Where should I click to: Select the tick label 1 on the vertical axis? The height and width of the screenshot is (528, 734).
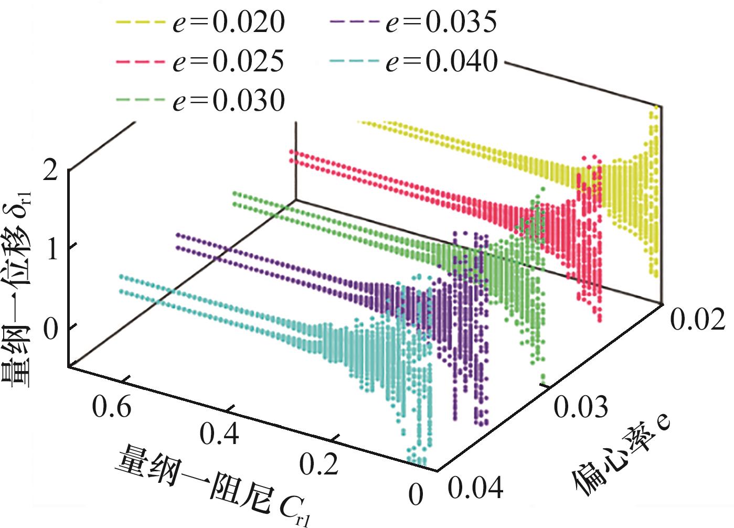pyautogui.click(x=52, y=251)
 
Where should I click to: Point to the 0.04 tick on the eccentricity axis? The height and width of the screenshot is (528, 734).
pyautogui.click(x=475, y=488)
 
